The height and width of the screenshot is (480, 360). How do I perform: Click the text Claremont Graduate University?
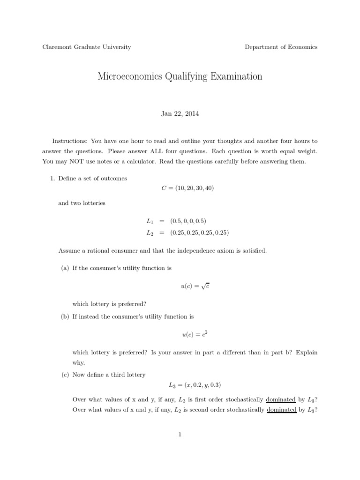click(x=87, y=47)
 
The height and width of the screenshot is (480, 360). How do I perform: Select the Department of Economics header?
click(x=281, y=47)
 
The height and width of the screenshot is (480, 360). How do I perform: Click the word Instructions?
click(x=69, y=141)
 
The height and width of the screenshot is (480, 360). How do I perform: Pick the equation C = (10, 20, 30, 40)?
click(x=180, y=188)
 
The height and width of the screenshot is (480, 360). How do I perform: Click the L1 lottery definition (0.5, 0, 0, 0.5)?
click(x=188, y=221)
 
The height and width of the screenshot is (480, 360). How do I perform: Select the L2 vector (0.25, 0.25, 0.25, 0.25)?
click(x=199, y=232)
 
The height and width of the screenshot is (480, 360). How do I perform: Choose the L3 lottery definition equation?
click(x=195, y=385)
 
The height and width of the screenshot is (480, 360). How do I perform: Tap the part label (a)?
click(x=65, y=268)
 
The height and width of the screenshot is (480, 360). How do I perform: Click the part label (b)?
click(x=65, y=316)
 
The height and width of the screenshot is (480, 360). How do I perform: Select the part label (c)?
click(x=65, y=375)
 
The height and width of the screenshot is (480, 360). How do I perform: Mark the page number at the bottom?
click(x=180, y=435)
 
